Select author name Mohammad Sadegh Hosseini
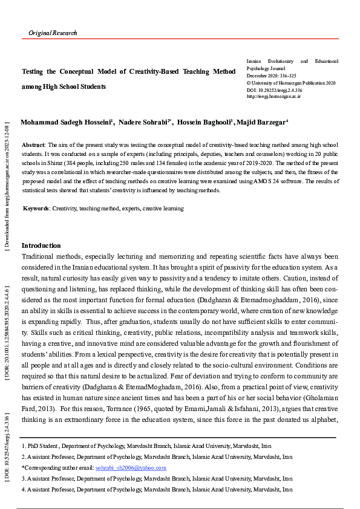[66, 122]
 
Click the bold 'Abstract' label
[33, 146]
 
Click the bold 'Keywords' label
[36, 209]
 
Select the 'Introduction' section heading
[41, 245]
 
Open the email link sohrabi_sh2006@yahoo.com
[131, 468]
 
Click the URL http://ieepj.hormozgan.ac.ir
[273, 96]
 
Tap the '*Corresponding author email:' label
[58, 468]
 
